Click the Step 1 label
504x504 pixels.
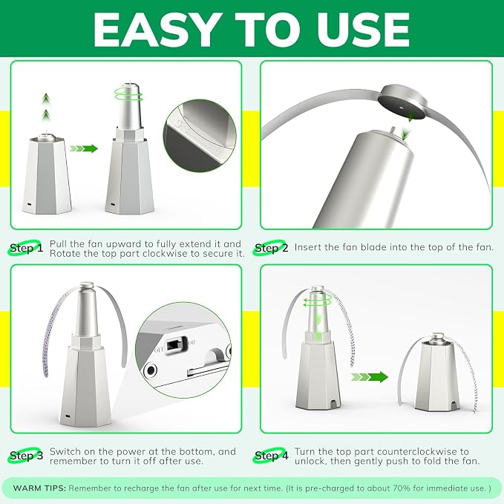click(26, 248)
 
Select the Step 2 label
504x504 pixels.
click(271, 248)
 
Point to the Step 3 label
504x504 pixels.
click(26, 456)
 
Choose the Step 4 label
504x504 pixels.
click(271, 456)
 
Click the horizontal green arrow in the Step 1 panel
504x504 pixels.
click(84, 148)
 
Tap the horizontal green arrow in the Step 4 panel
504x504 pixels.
click(370, 377)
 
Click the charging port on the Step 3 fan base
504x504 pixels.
click(68, 416)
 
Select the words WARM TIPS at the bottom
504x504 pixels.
click(39, 488)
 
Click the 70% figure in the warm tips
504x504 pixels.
click(401, 488)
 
